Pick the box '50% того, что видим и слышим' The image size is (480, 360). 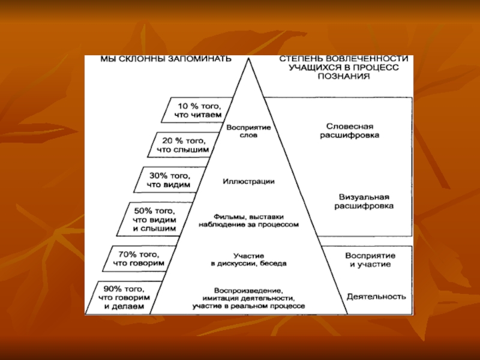point(157,220)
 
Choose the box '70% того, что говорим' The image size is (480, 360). point(139,258)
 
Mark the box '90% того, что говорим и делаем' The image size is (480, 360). point(124,297)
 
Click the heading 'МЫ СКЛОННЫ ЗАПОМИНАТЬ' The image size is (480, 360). point(157,59)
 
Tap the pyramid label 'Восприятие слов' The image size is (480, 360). point(248,132)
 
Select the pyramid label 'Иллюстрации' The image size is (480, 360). point(248,181)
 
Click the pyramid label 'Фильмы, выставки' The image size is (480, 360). point(248,217)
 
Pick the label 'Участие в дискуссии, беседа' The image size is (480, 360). point(248,259)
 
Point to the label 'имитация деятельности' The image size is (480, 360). point(248,298)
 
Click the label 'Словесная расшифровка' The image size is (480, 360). point(353,131)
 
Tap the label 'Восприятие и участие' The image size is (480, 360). point(368,259)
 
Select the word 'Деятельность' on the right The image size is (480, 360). point(376,296)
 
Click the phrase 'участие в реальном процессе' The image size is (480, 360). point(248,306)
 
